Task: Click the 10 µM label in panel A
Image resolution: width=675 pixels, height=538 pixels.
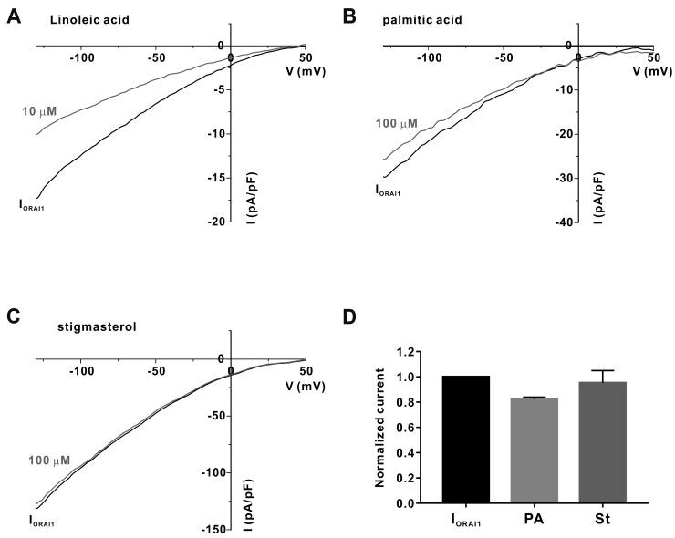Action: pyautogui.click(x=39, y=111)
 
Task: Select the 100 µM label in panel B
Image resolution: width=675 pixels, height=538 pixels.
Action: pyautogui.click(x=394, y=123)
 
